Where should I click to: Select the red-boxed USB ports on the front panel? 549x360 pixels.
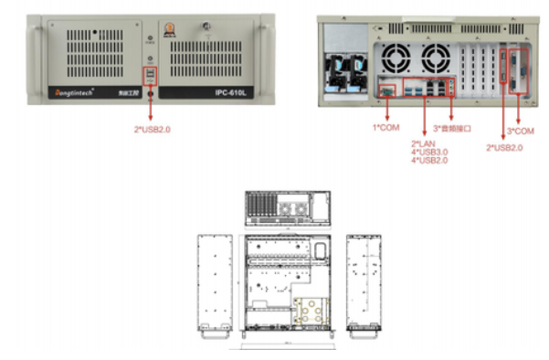coord(149,72)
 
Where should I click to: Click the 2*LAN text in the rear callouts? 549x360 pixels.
coord(422,143)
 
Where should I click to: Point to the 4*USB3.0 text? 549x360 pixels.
coord(429,152)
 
